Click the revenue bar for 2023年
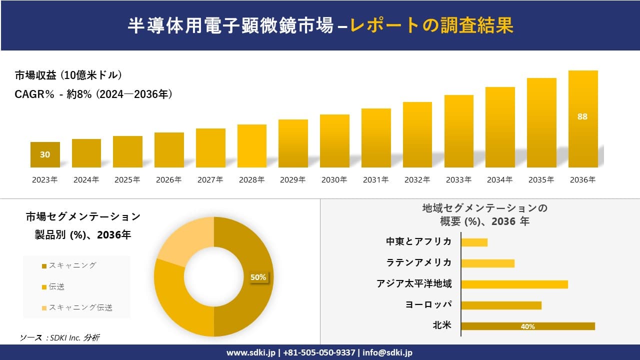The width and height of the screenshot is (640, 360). (45, 154)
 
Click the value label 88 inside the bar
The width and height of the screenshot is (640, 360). (582, 116)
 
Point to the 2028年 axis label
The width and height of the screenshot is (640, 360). (251, 180)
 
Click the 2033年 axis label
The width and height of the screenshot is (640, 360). (458, 180)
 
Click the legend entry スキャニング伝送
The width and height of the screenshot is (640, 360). (80, 307)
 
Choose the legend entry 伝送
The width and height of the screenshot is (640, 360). (56, 286)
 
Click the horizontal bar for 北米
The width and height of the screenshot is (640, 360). (527, 326)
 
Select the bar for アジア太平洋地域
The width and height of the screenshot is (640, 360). (514, 284)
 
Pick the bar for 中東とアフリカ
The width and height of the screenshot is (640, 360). (474, 242)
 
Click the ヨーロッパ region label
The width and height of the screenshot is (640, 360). (428, 305)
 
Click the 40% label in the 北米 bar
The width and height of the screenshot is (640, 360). (527, 326)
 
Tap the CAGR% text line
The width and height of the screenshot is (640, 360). (93, 94)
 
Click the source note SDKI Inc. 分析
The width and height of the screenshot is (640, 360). (60, 337)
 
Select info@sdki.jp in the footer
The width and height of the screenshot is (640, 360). (387, 352)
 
